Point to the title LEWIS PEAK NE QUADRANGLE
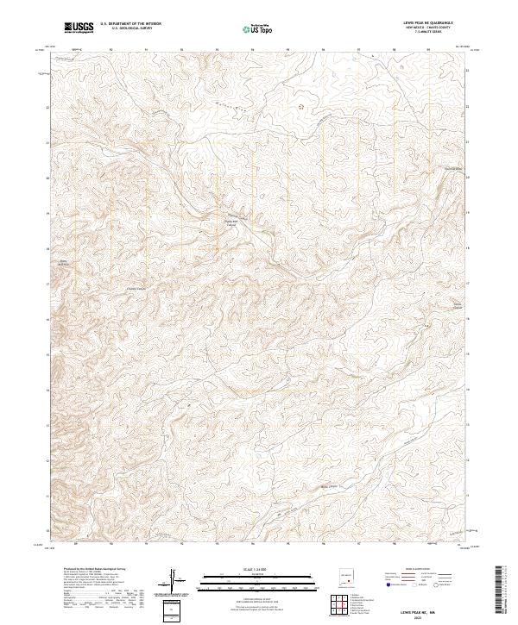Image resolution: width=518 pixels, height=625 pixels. point(432,24)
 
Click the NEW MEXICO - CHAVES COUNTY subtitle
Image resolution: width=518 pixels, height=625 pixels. point(432,28)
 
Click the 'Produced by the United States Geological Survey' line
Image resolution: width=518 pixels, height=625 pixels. point(83,570)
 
